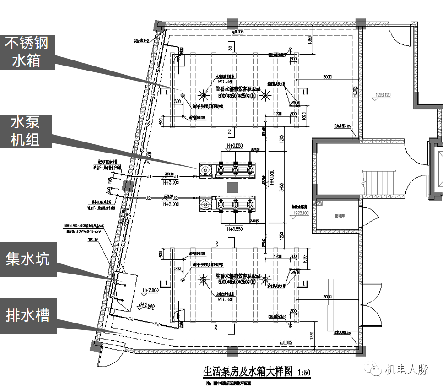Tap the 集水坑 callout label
coord(27,260)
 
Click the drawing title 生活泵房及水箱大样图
coord(247,370)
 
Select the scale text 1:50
coord(303,372)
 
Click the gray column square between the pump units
coord(232,186)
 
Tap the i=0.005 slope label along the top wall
coord(238,32)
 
